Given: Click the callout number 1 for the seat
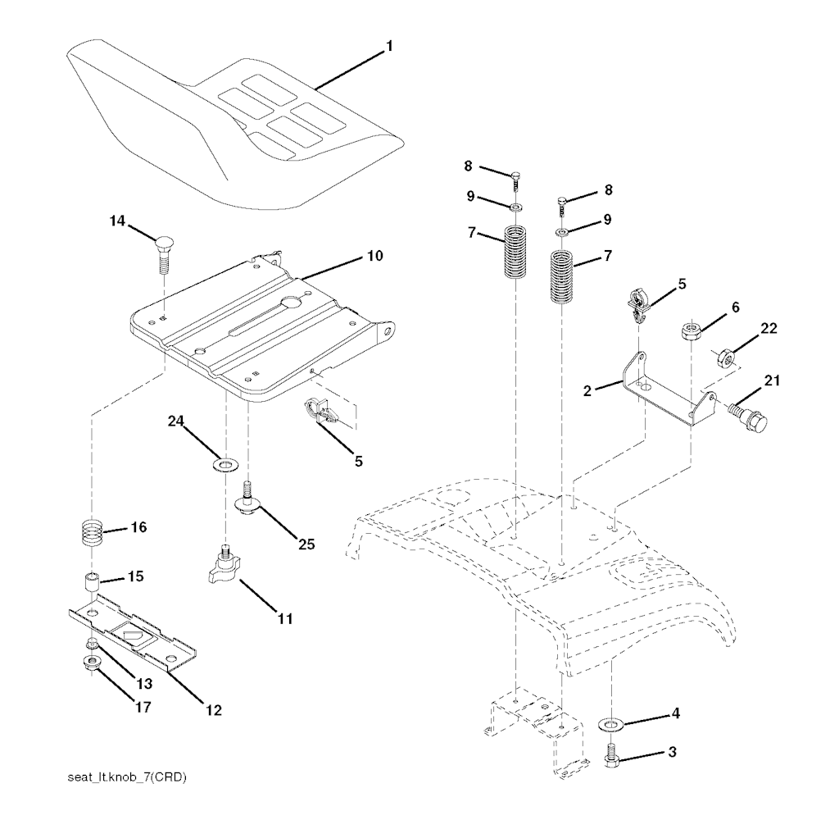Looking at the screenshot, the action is click(389, 47).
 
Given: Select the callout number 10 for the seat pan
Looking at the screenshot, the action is click(375, 256).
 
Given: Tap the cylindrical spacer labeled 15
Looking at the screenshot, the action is click(92, 582).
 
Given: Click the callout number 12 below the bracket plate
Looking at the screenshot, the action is click(214, 710).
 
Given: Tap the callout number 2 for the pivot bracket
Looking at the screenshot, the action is click(587, 391).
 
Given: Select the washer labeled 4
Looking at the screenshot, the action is click(609, 725).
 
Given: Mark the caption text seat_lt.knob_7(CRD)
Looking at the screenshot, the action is click(127, 777).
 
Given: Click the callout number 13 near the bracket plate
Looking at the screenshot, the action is click(144, 684).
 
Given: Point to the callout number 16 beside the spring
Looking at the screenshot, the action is click(138, 527).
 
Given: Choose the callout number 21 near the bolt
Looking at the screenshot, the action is click(772, 380).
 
